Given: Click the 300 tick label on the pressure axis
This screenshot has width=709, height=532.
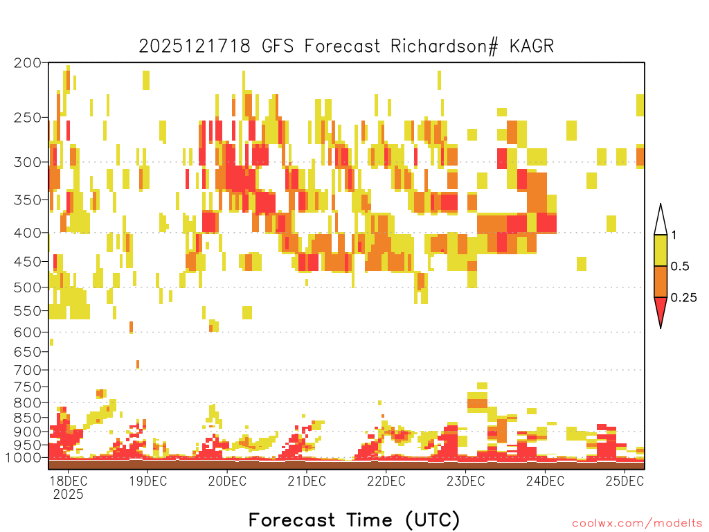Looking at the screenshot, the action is click(27, 162).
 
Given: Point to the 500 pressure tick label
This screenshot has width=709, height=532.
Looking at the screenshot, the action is click(27, 287).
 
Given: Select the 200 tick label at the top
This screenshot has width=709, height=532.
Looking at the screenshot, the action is click(27, 63).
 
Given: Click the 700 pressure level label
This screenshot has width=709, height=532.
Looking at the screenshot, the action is click(27, 370).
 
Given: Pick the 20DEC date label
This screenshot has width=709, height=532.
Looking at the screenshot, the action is click(227, 481).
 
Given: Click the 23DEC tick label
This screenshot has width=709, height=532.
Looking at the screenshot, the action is click(466, 481).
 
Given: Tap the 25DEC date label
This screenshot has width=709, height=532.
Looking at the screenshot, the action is click(625, 481).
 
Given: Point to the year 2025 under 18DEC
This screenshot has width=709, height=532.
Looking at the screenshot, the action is click(69, 494).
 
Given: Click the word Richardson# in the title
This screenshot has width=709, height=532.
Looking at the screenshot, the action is click(444, 46).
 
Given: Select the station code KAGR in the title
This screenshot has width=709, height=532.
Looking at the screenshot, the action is click(532, 46).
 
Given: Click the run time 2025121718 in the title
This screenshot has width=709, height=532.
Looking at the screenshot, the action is click(195, 46).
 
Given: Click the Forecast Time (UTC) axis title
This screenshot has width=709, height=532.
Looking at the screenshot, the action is click(354, 520).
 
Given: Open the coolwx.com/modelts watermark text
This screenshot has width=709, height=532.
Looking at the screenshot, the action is click(637, 524).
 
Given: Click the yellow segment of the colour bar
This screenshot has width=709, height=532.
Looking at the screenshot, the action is click(661, 250).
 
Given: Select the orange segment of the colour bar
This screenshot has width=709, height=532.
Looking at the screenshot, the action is click(661, 281).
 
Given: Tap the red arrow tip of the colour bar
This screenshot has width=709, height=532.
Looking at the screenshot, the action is click(661, 327).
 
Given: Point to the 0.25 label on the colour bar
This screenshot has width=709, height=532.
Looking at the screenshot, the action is click(683, 298).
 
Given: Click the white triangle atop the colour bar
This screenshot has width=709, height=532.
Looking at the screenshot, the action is click(661, 222).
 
